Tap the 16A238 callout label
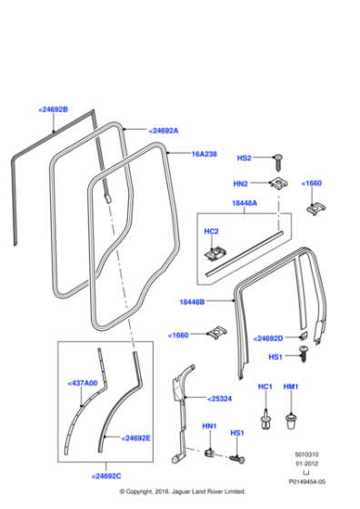204,155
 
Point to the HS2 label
244,157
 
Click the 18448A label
243,204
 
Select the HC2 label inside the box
211,229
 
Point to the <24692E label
132,437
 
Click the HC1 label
265,387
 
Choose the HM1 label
292,387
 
